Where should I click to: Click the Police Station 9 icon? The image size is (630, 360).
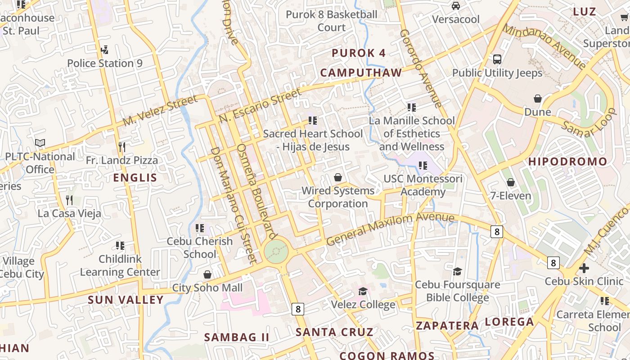pos(105,49)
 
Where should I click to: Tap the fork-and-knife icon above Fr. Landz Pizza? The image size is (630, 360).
pos(121,147)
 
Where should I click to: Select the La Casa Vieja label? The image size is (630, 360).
pos(69,213)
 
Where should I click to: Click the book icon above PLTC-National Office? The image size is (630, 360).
pos(40,143)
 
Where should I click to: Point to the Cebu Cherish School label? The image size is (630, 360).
pos(200,247)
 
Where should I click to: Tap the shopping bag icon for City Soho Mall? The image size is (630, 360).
pos(207,274)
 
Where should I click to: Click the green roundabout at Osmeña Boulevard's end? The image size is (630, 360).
pos(276,251)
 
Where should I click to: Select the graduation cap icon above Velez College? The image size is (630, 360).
pos(363,291)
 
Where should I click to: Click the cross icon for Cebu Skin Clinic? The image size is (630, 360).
pos(584,268)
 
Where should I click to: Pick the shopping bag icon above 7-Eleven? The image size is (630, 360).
pos(510,182)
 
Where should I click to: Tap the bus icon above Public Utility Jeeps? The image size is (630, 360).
pos(497,59)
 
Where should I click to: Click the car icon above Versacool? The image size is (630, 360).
pos(456,6)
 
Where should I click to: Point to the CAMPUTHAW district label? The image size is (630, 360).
pos(361,72)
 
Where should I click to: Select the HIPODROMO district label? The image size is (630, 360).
pos(567,161)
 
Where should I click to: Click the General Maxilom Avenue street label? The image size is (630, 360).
pos(390,229)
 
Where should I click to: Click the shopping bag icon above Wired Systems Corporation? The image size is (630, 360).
pos(338,177)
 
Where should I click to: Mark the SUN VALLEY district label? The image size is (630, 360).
pos(126,300)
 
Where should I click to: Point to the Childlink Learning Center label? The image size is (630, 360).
pos(120,265)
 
